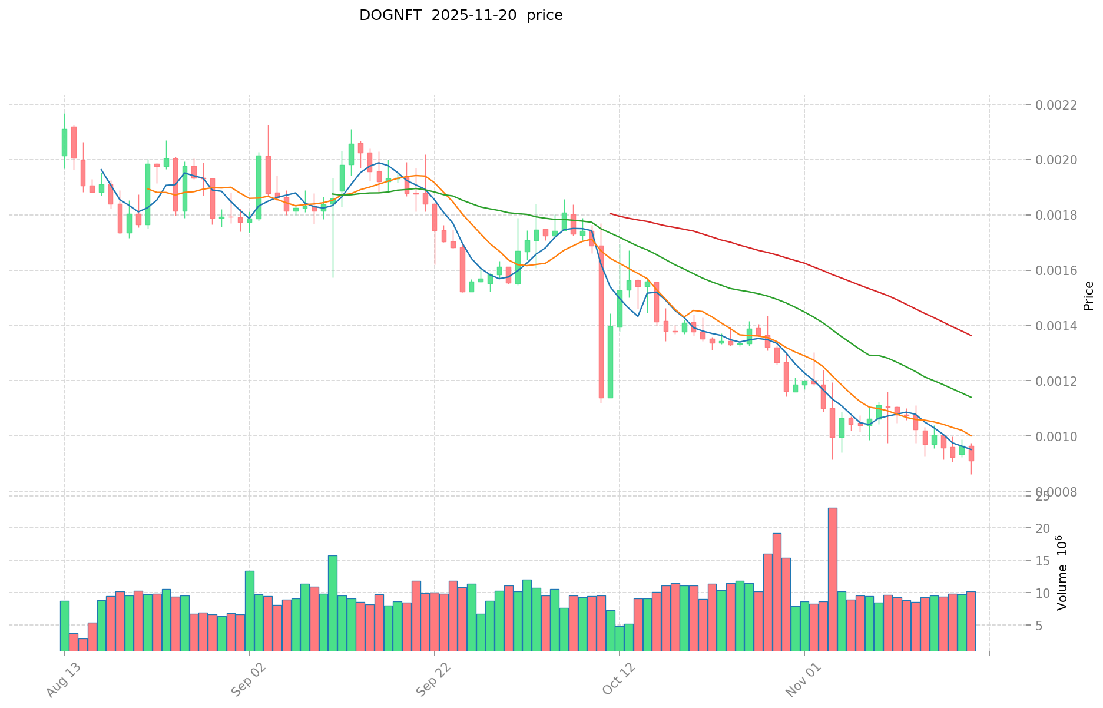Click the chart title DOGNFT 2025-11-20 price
click(461, 15)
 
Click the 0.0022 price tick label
click(1056, 105)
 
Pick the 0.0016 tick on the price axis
click(1056, 271)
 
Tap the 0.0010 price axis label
click(1056, 436)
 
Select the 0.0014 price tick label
click(1056, 326)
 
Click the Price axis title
click(1088, 296)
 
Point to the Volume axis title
click(1062, 573)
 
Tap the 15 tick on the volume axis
click(1043, 561)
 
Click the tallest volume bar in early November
click(832, 579)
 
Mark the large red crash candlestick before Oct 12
click(601, 322)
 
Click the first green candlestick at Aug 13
click(64, 143)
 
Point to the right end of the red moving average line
click(970, 336)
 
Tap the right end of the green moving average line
click(970, 397)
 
